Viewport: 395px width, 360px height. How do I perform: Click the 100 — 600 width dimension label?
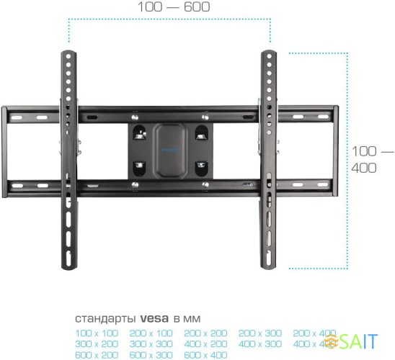pyautogui.click(x=172, y=7)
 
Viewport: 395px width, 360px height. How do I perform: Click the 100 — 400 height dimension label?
pyautogui.click(x=373, y=159)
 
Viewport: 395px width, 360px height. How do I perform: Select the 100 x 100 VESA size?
pyautogui.click(x=96, y=333)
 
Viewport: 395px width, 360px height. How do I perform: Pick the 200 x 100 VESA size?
pyautogui.click(x=151, y=333)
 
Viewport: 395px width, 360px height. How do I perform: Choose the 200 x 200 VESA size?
pyautogui.click(x=205, y=333)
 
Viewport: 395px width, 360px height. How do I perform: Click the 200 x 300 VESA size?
pyautogui.click(x=259, y=333)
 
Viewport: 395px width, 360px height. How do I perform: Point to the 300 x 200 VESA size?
pyautogui.click(x=96, y=344)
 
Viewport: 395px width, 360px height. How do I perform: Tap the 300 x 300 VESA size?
pyautogui.click(x=151, y=344)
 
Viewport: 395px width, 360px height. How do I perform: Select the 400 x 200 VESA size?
pyautogui.click(x=205, y=344)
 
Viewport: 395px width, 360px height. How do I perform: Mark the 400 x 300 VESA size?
pyautogui.click(x=259, y=344)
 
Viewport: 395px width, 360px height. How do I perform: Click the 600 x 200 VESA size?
pyautogui.click(x=96, y=354)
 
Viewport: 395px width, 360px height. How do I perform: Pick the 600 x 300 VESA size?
pyautogui.click(x=151, y=354)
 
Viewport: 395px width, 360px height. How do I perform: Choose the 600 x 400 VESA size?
pyautogui.click(x=205, y=354)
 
